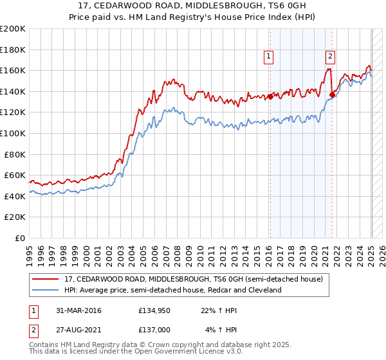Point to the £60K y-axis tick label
pyautogui.click(x=15, y=175)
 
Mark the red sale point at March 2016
pyautogui.click(x=270, y=97)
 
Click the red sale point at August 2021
pyautogui.click(x=332, y=95)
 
